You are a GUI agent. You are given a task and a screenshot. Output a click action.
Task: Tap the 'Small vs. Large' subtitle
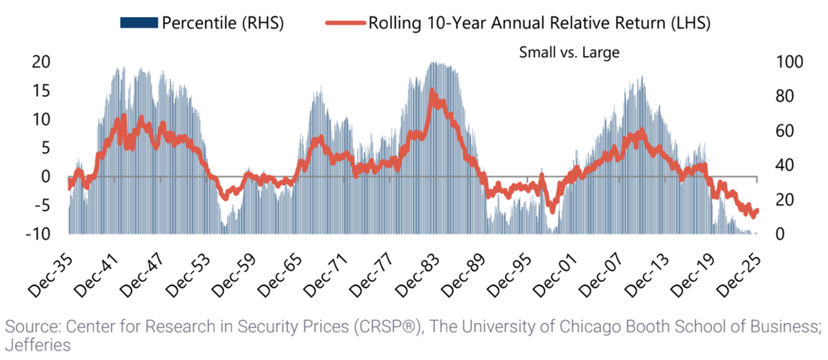tap(559, 52)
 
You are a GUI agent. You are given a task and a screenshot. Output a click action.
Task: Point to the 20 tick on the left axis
tap(41, 62)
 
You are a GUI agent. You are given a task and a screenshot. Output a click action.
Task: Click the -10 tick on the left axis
tap(38, 234)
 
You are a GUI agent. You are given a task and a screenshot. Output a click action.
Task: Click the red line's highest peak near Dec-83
tap(432, 90)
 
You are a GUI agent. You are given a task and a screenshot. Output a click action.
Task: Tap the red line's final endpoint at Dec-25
tap(756, 210)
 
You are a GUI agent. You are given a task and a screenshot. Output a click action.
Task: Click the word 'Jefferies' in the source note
tap(38, 345)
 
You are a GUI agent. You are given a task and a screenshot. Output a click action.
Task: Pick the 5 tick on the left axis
tap(46, 148)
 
